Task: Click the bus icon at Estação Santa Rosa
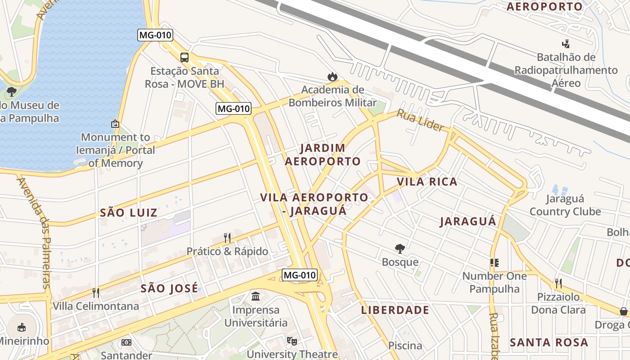click(x=184, y=58)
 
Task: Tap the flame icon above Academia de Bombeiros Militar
click(x=333, y=76)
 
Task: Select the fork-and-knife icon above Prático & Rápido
click(x=227, y=238)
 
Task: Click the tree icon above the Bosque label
click(x=400, y=249)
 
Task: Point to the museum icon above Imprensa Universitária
click(x=256, y=297)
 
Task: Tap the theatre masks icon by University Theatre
click(x=292, y=341)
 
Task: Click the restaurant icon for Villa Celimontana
click(x=96, y=293)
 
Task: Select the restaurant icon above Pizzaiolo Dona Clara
click(x=558, y=283)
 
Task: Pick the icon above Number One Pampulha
click(x=495, y=263)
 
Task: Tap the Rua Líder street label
click(x=420, y=120)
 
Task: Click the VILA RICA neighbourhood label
click(x=427, y=182)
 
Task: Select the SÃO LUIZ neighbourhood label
click(x=129, y=212)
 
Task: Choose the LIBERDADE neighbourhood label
click(x=395, y=310)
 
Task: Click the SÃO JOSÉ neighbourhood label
click(x=169, y=288)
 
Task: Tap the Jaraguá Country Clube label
click(x=565, y=205)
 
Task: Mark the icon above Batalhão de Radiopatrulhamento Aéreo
click(x=566, y=44)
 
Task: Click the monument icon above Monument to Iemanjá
click(x=115, y=124)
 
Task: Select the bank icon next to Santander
click(x=126, y=342)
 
